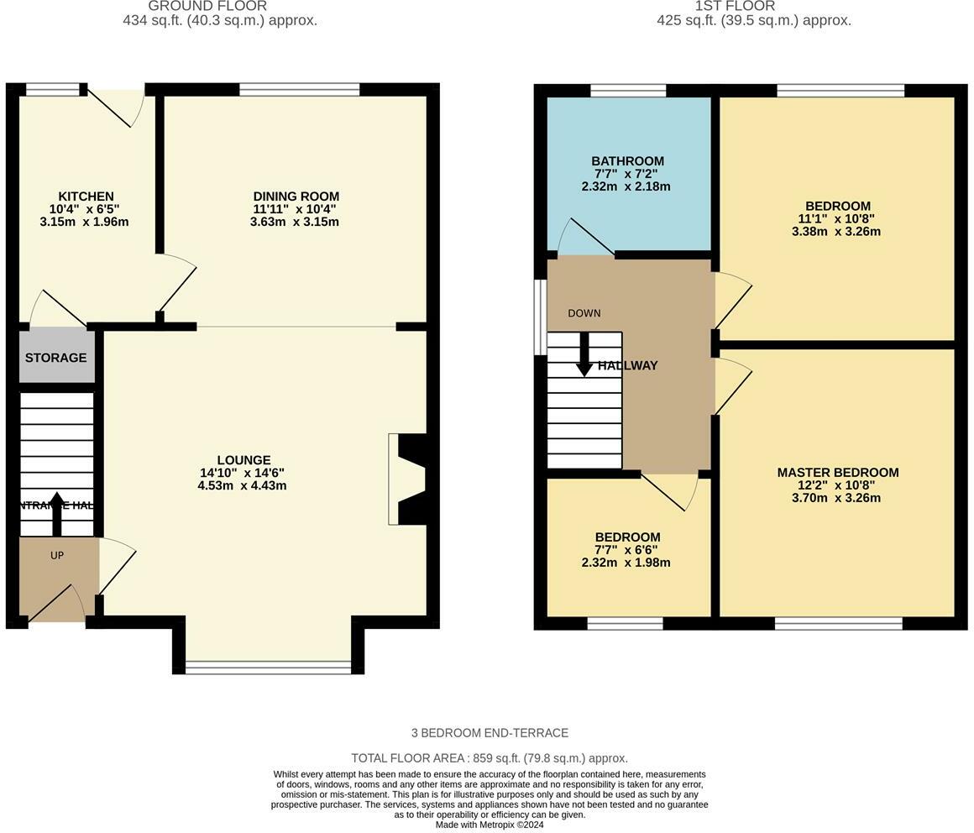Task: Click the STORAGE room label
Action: pos(55,358)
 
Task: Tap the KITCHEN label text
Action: pos(86,196)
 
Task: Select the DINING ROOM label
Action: pos(296,196)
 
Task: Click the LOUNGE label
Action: pos(243,460)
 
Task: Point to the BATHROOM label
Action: pos(627,161)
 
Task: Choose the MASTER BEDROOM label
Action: pos(837,473)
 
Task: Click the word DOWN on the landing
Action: pos(584,313)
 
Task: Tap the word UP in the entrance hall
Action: pos(57,555)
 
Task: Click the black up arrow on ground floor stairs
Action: pos(57,513)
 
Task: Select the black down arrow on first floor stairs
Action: pos(584,355)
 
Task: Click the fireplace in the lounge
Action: pos(408,479)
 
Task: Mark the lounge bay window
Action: pos(268,668)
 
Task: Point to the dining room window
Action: pos(300,89)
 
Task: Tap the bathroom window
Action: pos(628,90)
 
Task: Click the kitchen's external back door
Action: pos(118,106)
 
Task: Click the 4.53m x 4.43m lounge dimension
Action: pos(242,485)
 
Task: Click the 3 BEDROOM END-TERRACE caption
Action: pos(490,733)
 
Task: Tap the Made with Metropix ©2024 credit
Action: pos(490,825)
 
